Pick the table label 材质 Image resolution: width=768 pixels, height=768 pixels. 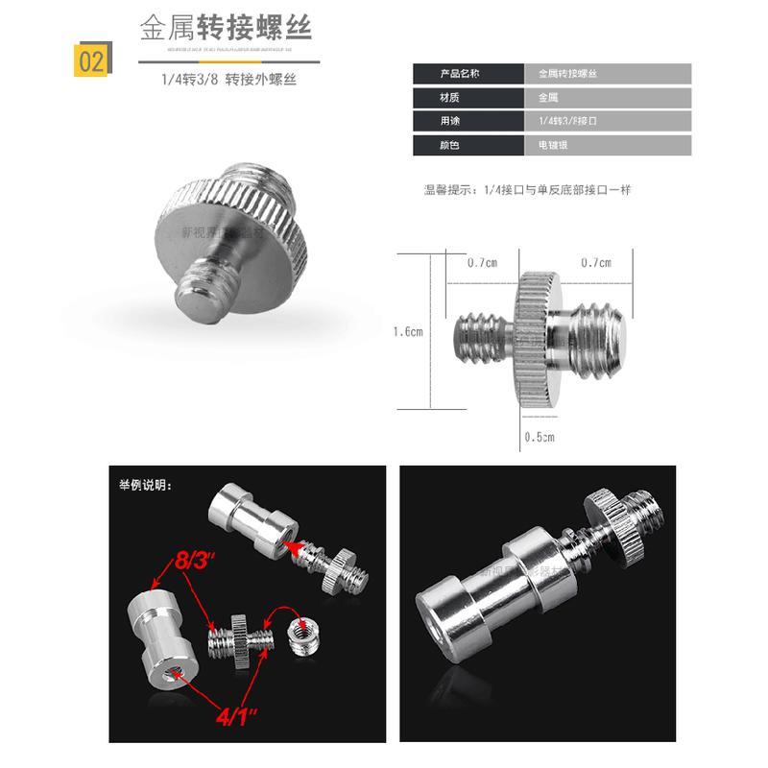[x=445, y=97]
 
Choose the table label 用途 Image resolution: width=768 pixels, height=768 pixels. [x=445, y=122]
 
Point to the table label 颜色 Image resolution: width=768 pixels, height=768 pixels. [x=445, y=146]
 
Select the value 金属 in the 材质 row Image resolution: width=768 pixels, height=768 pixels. [x=547, y=97]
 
